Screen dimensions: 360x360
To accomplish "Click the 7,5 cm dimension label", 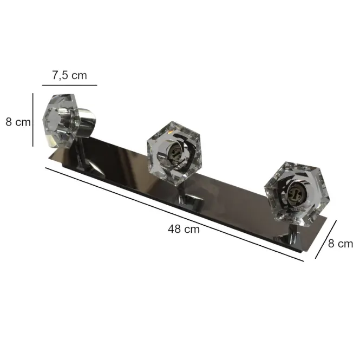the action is point(70,75).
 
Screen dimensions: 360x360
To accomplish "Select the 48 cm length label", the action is point(184,229).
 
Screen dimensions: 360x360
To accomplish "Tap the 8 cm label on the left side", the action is point(18,122).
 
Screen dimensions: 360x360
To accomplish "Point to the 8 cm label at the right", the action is point(341,244).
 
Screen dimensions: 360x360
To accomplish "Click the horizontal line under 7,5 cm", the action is point(70,85).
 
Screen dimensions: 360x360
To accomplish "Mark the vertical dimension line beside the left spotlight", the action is point(33,120).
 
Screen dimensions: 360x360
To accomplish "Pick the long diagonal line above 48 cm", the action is point(174,214).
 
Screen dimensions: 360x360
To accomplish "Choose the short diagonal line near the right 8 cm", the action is point(326,239).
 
